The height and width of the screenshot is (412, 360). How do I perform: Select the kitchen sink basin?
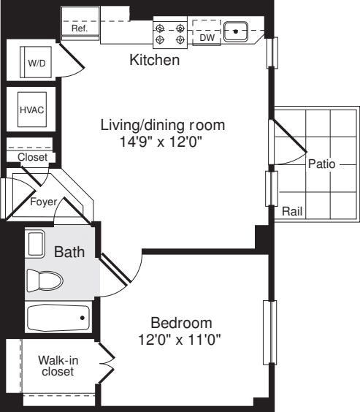(236, 31)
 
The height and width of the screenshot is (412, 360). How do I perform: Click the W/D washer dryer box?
(36, 63)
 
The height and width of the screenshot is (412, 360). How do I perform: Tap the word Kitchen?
(154, 61)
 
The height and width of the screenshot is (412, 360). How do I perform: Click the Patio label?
(320, 164)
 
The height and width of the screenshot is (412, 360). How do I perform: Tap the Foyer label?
(43, 202)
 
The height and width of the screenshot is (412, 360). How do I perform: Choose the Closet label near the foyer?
(32, 157)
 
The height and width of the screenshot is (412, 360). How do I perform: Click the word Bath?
(70, 253)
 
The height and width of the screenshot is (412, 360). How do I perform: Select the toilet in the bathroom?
(45, 280)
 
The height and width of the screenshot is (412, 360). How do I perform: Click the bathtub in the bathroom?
(58, 318)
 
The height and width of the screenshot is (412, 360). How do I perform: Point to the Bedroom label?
(181, 322)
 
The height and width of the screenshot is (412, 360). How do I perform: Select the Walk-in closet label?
(57, 365)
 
